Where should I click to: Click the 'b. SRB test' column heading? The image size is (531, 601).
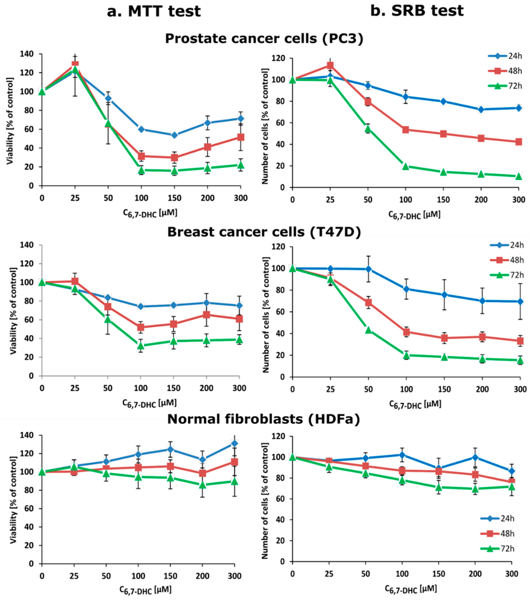(417, 11)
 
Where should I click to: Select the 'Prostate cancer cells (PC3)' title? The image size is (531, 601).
(264, 38)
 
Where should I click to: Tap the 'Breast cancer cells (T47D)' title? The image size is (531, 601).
(264, 232)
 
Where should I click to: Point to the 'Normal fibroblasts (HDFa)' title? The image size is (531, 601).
(263, 419)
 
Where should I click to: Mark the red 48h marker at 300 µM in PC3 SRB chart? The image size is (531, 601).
(519, 142)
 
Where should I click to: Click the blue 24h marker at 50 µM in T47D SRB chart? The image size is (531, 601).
(368, 269)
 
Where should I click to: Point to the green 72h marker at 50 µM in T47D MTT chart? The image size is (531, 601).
(108, 319)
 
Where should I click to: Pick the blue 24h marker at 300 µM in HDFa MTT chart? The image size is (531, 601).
(235, 443)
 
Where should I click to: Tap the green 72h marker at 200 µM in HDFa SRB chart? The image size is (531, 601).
(475, 489)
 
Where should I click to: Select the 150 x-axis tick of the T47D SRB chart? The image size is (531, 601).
(444, 389)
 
